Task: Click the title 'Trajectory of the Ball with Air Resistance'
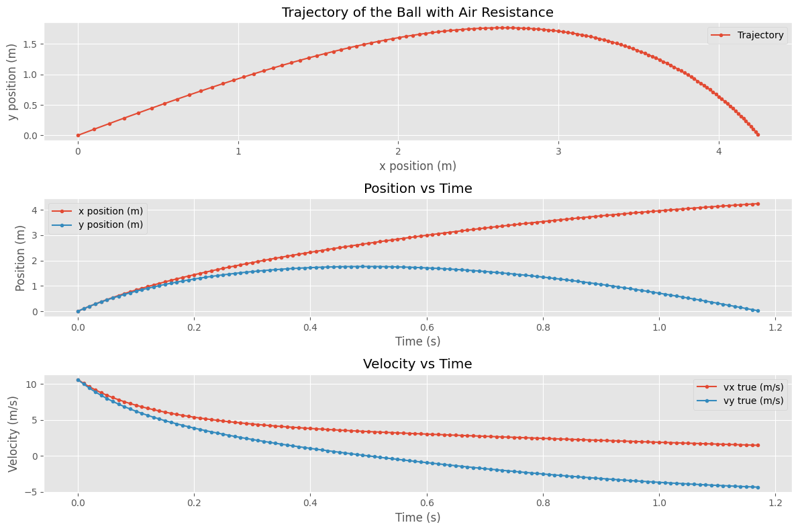tap(417, 12)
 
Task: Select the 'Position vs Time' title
tap(417, 188)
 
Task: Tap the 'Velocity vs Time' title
tap(417, 364)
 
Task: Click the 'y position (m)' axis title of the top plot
tap(13, 81)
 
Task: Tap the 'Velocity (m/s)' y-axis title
tap(13, 434)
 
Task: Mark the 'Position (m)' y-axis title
tap(19, 257)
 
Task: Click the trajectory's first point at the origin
tap(78, 135)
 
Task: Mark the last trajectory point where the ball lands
tap(758, 134)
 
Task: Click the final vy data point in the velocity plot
tap(758, 487)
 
